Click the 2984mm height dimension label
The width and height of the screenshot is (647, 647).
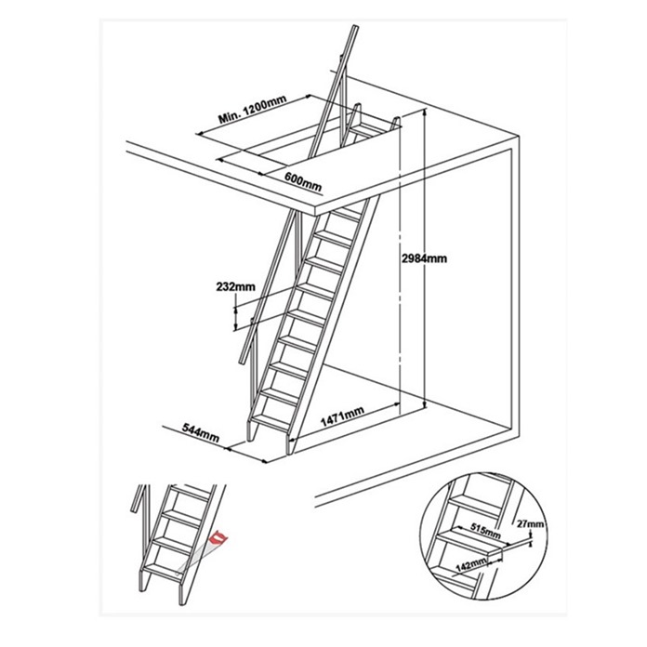(425, 258)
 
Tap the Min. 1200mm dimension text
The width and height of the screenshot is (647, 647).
(253, 111)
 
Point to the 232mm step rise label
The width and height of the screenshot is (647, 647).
(235, 286)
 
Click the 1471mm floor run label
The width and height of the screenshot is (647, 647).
(342, 416)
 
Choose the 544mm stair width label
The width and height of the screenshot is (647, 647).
(201, 432)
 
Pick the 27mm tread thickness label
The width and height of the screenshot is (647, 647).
(530, 524)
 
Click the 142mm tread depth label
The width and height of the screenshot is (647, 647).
(471, 564)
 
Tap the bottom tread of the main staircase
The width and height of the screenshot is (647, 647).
(271, 422)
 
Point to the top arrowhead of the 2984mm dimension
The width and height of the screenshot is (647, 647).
(425, 112)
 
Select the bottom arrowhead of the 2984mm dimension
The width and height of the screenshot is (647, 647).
(425, 405)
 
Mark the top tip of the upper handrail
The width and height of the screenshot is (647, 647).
(355, 27)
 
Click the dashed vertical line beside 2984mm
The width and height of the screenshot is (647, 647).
(400, 264)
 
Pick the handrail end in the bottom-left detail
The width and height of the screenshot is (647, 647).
(134, 508)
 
